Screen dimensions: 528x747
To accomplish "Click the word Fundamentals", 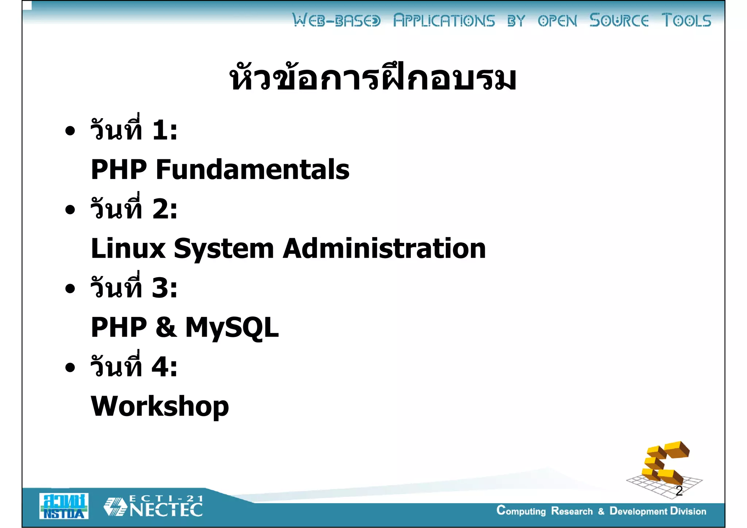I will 252,170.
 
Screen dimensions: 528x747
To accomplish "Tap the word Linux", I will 128,249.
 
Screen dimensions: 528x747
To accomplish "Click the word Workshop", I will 160,406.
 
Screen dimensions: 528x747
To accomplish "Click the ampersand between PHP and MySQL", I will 166,327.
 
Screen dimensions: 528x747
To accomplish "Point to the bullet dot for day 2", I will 70,210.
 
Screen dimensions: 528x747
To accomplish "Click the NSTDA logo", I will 64,506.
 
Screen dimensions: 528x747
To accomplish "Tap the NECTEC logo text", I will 166,509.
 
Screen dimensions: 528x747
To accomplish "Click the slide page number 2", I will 679,491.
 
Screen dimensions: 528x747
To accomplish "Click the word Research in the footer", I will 572,511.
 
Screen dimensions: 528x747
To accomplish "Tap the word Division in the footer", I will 688,511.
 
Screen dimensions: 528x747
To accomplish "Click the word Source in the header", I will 619,20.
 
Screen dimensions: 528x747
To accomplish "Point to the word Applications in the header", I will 444,20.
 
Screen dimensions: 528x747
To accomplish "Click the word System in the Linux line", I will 224,249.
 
